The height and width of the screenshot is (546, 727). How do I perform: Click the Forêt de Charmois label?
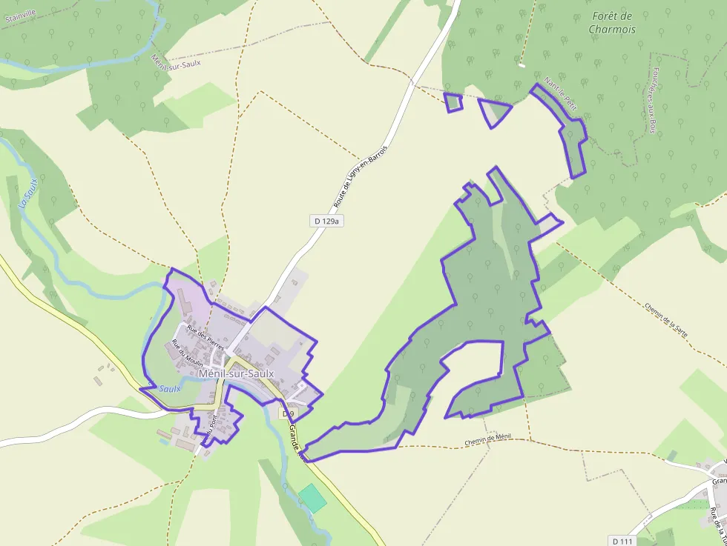point(612,22)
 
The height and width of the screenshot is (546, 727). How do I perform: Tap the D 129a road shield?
point(326,221)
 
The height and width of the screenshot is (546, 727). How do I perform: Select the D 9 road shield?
point(288,413)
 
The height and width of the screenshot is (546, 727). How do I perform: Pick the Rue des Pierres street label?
point(205,337)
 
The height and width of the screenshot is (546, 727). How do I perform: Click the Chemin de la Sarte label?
point(665,319)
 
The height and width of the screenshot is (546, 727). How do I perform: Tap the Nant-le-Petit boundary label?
point(560,93)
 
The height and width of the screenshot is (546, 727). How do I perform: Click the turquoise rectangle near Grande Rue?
point(313,498)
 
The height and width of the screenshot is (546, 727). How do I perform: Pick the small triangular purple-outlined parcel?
point(495,112)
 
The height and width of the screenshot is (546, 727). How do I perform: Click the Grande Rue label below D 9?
point(296,440)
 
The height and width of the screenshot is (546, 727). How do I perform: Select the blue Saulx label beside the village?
point(170,388)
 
